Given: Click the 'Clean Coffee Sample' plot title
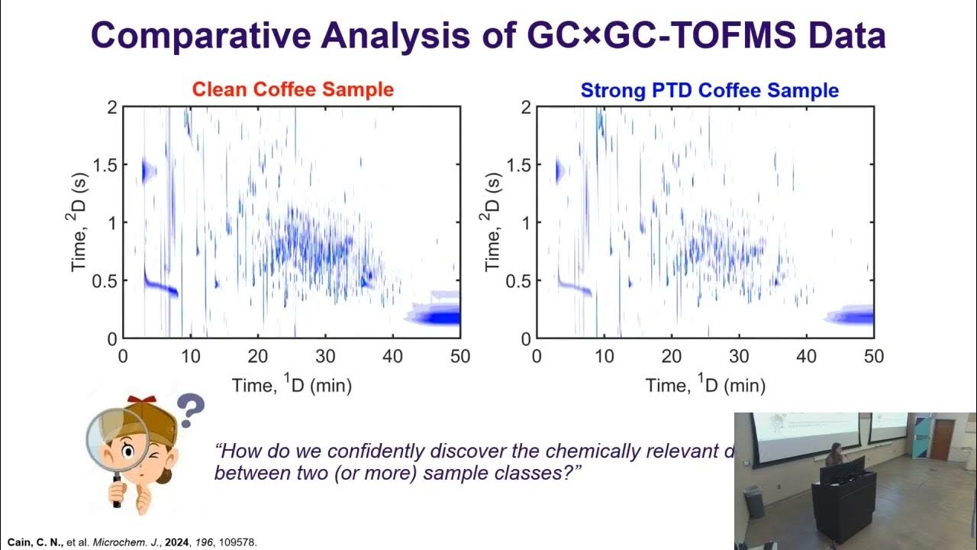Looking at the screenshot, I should tap(292, 89).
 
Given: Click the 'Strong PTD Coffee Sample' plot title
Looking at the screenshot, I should tap(709, 90).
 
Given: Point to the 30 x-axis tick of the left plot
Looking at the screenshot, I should tap(325, 355).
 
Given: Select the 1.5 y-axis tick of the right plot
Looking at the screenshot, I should tap(517, 165).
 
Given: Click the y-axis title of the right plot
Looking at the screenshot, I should tap(492, 223).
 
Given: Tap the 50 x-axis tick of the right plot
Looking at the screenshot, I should tap(873, 355).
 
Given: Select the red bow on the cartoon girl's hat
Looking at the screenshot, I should tap(137, 400).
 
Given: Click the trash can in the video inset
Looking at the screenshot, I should tap(753, 501).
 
